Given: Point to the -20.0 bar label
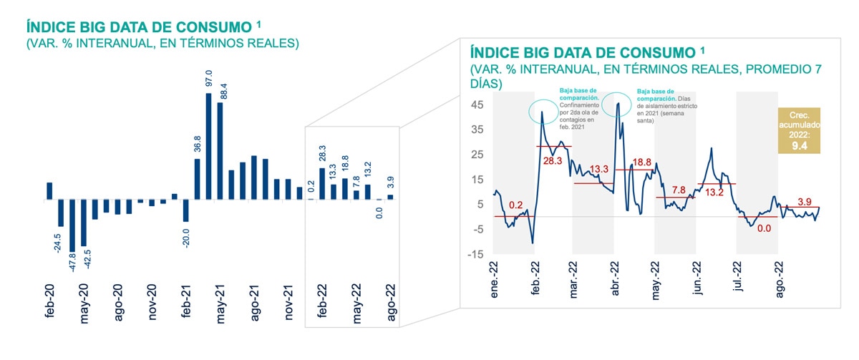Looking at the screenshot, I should [x=186, y=237].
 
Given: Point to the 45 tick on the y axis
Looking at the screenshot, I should [x=477, y=104].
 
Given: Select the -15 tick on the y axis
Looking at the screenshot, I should [x=475, y=254].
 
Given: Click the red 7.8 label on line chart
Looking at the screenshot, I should [x=679, y=190].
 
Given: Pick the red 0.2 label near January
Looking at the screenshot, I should [x=516, y=205].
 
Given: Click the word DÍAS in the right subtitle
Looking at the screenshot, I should [x=486, y=84].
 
